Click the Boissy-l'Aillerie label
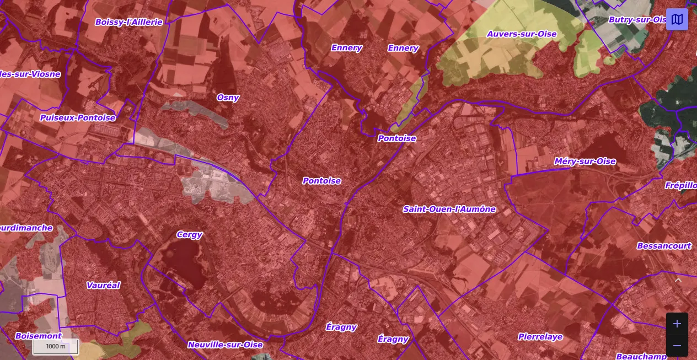tap(128, 22)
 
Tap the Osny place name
tap(228, 98)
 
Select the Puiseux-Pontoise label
tap(78, 117)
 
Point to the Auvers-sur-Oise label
tap(522, 34)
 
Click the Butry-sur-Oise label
tap(637, 20)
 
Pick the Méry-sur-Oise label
tap(585, 161)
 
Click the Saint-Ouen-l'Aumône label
tap(449, 209)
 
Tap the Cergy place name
tap(189, 235)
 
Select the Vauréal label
tap(103, 286)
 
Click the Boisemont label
tap(39, 336)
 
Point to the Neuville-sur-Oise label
tap(225, 345)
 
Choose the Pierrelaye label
tap(540, 337)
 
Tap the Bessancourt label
tap(664, 246)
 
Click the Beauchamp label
tap(637, 356)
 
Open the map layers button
tap(677, 19)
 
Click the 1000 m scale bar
tap(55, 347)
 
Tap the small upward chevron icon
tap(678, 280)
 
